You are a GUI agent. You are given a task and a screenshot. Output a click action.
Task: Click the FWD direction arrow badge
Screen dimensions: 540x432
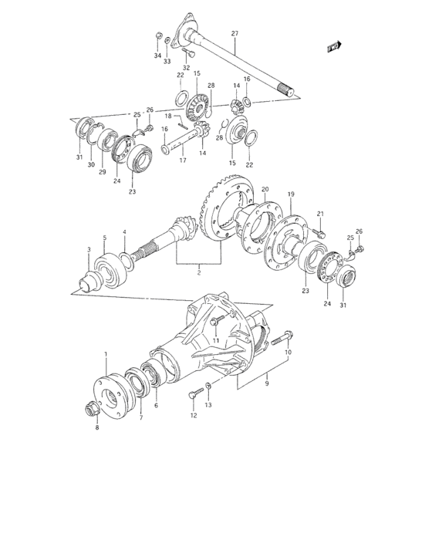tap(334, 47)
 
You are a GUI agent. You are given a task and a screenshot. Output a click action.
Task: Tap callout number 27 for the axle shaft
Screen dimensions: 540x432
tap(235, 33)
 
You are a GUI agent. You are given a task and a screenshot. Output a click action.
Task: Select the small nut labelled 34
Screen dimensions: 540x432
tap(157, 35)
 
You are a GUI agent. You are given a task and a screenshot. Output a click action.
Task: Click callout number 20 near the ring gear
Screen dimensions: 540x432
tap(265, 189)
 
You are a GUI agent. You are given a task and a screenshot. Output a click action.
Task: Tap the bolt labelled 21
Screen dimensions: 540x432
tap(322, 231)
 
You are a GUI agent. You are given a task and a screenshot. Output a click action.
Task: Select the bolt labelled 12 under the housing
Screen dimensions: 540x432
tap(192, 394)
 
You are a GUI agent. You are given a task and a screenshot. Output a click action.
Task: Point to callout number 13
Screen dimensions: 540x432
tap(208, 404)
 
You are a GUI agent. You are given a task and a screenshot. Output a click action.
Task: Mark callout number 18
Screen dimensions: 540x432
tap(167, 116)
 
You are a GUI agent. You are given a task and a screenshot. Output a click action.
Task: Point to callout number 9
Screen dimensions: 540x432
tap(266, 380)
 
